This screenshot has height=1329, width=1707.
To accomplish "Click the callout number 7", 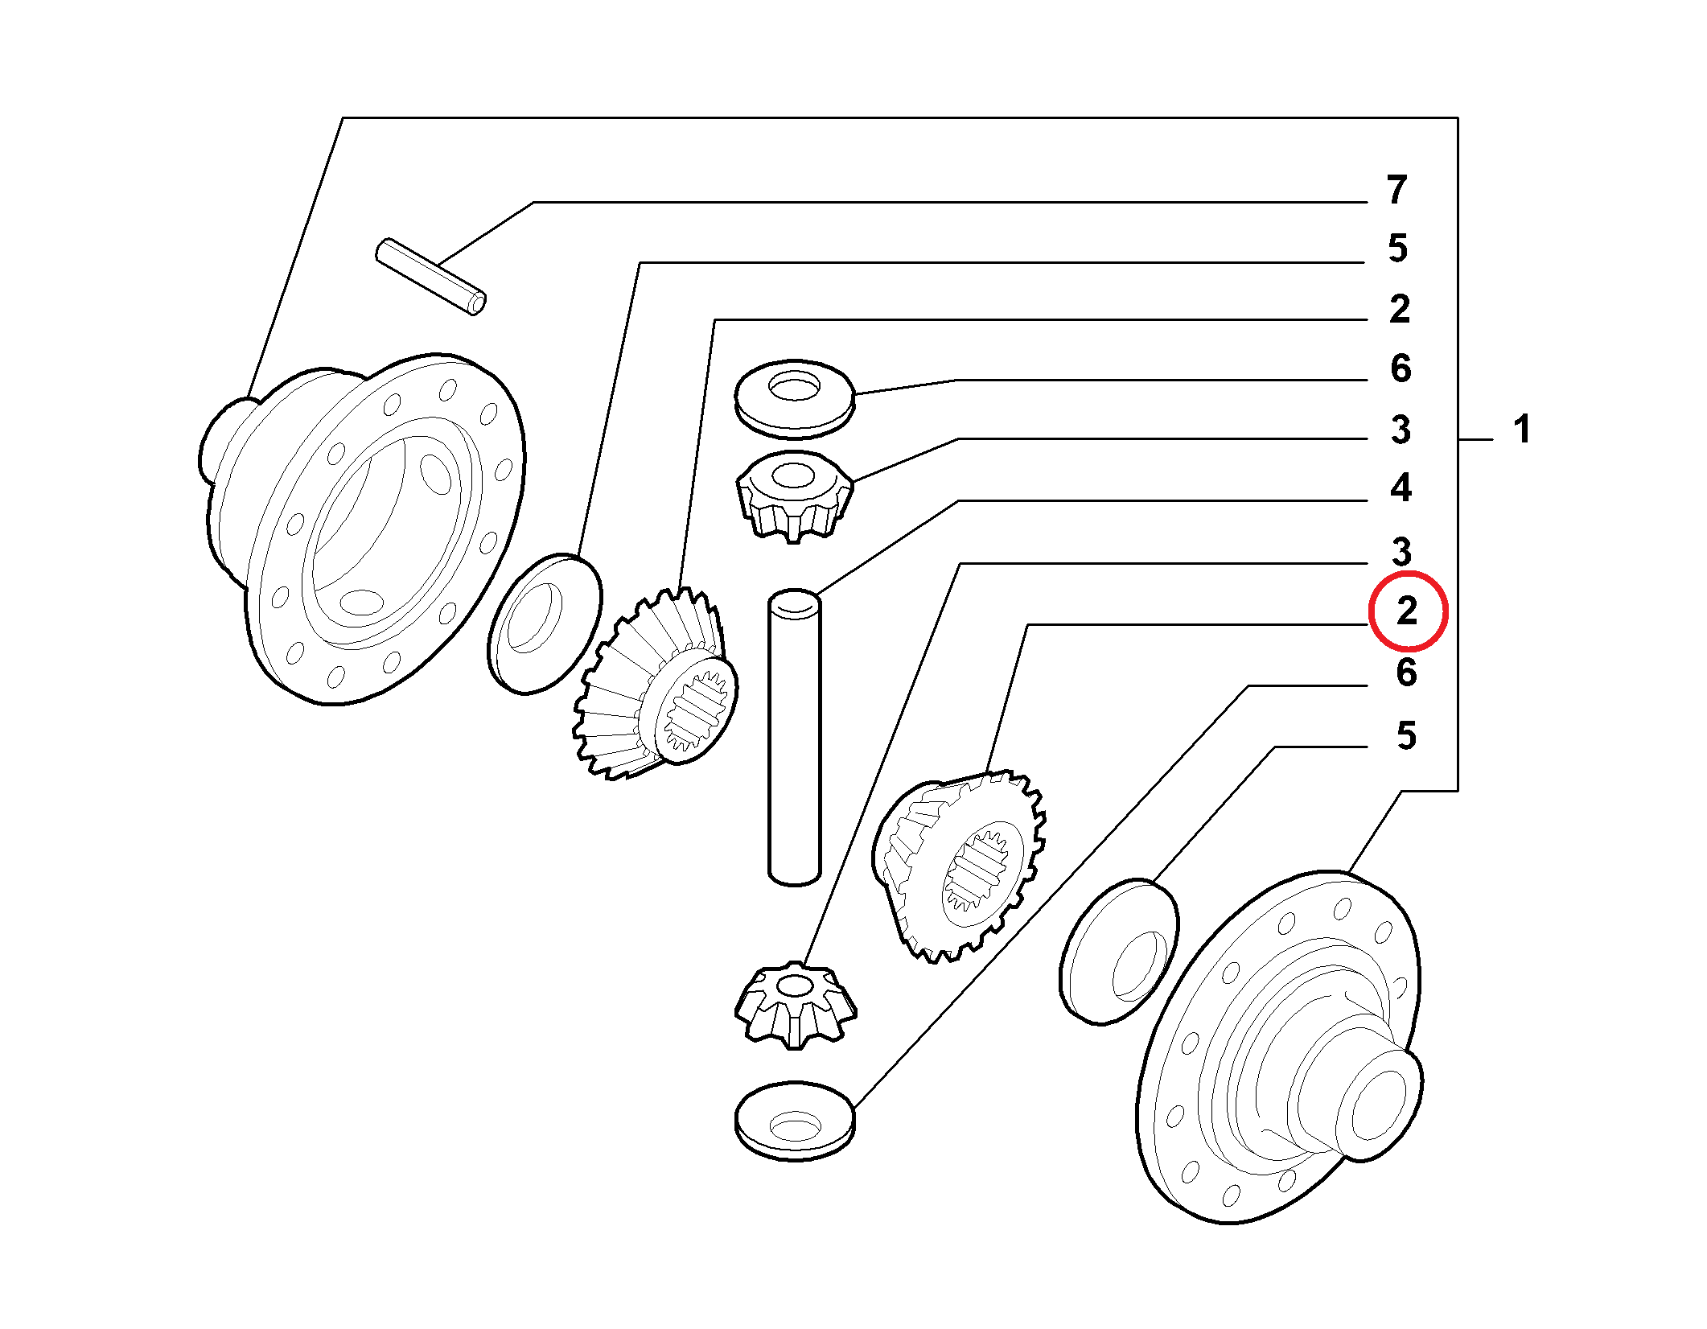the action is [1396, 190].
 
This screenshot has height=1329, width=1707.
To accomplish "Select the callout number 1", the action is [1521, 429].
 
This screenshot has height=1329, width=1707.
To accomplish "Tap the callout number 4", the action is [1401, 488].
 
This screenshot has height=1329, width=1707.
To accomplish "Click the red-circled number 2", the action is [1407, 611].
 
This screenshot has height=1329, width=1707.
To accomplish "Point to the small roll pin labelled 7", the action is [431, 277].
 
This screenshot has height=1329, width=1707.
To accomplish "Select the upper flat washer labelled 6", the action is [795, 399].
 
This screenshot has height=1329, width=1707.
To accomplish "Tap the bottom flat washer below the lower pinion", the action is [795, 1121].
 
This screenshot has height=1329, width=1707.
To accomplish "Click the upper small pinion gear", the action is [795, 496].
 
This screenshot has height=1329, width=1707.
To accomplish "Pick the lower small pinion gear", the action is [795, 1006].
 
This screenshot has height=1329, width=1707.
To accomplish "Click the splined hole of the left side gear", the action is [697, 708].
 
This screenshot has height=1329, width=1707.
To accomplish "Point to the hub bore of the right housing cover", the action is [1378, 1105].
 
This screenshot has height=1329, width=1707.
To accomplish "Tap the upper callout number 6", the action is [1401, 368].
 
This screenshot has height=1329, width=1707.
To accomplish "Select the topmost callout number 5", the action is [1397, 248].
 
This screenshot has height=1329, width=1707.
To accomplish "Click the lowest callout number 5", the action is [1406, 735].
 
